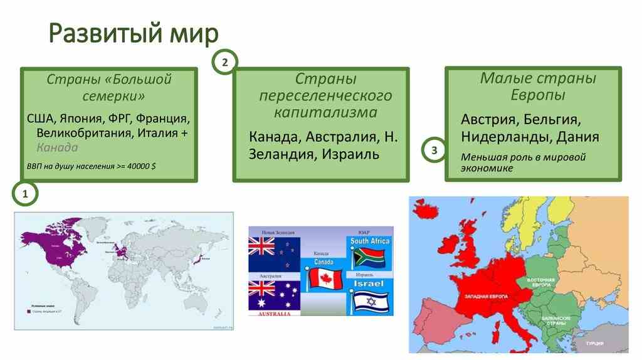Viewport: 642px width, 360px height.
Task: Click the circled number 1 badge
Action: click(26, 195)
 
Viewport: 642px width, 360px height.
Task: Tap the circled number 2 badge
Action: click(226, 61)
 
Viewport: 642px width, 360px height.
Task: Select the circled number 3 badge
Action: click(434, 151)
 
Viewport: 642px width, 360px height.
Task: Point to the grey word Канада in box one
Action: click(57, 148)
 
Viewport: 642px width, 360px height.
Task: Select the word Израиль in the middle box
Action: click(350, 154)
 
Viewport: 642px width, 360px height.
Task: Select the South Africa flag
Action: click(370, 258)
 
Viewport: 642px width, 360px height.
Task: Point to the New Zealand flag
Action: click(274, 255)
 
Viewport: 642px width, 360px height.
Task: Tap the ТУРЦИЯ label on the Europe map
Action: click(595, 344)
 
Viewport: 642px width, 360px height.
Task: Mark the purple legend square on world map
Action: click(28, 310)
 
